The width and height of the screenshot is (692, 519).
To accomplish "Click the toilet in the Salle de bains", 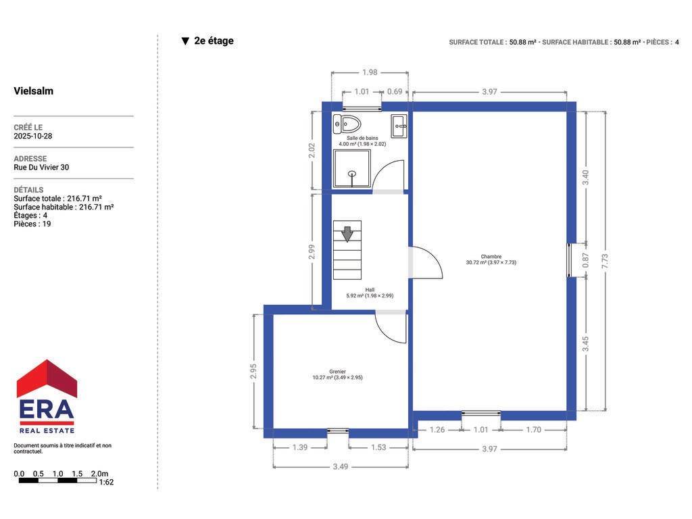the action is pyautogui.click(x=347, y=124).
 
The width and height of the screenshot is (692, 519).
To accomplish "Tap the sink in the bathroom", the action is pyautogui.click(x=399, y=126).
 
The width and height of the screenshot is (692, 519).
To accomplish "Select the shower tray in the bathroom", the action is pyautogui.click(x=351, y=168).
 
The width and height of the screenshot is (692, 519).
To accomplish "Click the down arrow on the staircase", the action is pyautogui.click(x=347, y=234).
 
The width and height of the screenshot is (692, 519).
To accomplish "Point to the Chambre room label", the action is pyautogui.click(x=491, y=256).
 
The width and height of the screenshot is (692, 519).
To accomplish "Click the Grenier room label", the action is pyautogui.click(x=338, y=372).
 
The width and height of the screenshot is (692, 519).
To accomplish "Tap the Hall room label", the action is pyautogui.click(x=370, y=290).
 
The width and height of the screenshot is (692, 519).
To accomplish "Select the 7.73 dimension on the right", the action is pyautogui.click(x=605, y=261).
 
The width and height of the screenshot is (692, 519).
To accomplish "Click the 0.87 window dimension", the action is pyautogui.click(x=586, y=260).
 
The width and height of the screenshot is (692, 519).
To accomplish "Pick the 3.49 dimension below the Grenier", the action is pyautogui.click(x=341, y=466).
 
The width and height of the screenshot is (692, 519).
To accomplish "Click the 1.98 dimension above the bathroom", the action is pyautogui.click(x=370, y=72).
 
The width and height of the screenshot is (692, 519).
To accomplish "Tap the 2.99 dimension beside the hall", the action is pyautogui.click(x=312, y=252).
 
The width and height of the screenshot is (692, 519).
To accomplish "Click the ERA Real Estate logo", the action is pyautogui.click(x=47, y=396).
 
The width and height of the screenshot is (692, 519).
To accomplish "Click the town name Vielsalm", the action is pyautogui.click(x=34, y=91).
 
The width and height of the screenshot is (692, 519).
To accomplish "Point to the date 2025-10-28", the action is pyautogui.click(x=32, y=136).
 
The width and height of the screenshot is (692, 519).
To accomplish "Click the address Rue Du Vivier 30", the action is pyautogui.click(x=41, y=168).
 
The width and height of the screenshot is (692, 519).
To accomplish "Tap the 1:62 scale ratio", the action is pyautogui.click(x=106, y=483).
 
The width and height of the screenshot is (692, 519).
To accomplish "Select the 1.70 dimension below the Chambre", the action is pyautogui.click(x=534, y=429).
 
